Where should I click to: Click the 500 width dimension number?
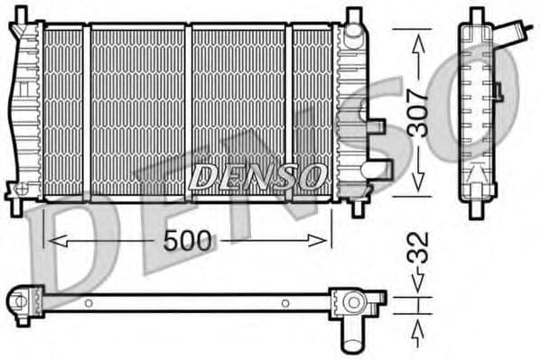click(x=190, y=240)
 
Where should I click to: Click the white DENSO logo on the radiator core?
click(x=258, y=175)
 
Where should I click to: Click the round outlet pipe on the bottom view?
click(x=350, y=336)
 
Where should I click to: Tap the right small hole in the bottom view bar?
click(x=284, y=303)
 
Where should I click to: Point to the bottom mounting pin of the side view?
click(x=475, y=207)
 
